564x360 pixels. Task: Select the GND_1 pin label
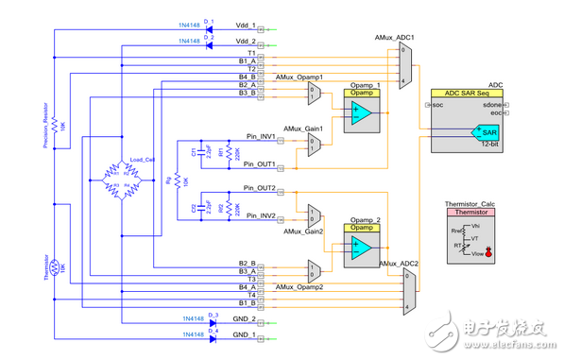pos(244,334)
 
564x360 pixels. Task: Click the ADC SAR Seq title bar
pos(471,94)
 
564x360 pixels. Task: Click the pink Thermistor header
pos(471,214)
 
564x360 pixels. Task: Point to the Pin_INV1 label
pos(258,136)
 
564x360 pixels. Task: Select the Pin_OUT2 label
pos(258,189)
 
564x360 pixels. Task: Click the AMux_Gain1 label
pos(304,128)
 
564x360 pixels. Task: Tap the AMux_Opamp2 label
pos(299,285)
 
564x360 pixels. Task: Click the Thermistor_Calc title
pos(471,204)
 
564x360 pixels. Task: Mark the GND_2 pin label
pos(244,319)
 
